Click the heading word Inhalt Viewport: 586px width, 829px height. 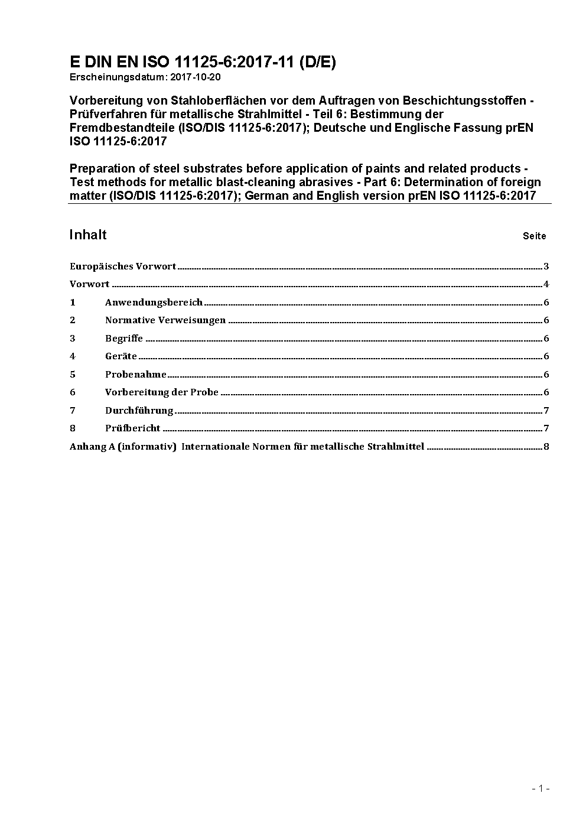click(88, 235)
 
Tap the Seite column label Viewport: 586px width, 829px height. click(534, 236)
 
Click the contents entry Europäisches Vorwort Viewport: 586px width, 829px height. click(123, 266)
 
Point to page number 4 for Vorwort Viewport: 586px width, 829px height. click(546, 284)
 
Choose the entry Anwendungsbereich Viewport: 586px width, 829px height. click(154, 303)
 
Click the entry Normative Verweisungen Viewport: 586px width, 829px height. click(165, 320)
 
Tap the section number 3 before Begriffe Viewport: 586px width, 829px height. click(73, 339)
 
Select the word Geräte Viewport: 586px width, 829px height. click(121, 356)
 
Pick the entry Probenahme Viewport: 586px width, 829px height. click(136, 375)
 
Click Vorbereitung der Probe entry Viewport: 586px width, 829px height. click(162, 392)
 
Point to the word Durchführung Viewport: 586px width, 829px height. click(139, 411)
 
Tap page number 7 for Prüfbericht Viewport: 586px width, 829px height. click(546, 428)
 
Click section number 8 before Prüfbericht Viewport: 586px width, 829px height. click(73, 428)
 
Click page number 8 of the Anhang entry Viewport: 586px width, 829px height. click(546, 447)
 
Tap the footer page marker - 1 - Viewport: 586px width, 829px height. click(541, 788)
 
